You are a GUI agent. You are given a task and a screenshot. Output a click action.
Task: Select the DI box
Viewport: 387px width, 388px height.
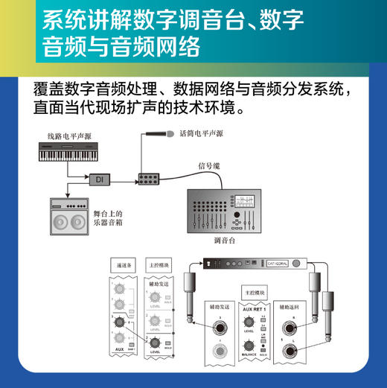click(x=98, y=179)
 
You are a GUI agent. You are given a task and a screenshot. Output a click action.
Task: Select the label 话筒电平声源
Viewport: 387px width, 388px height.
click(x=201, y=134)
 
